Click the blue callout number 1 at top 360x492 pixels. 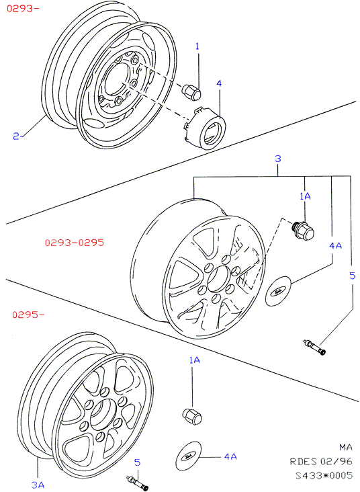[197, 46]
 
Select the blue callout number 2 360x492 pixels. [16, 136]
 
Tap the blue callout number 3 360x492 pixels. [278, 159]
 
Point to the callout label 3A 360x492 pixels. [38, 485]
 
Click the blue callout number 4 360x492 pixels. [219, 83]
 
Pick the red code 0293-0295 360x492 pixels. [75, 243]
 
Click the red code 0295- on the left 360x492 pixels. [28, 315]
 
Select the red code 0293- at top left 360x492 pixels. [23, 8]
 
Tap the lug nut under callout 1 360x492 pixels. [191, 92]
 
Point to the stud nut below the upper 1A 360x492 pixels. [303, 231]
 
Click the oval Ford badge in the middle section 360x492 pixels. [278, 291]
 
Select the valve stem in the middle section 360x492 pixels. [314, 347]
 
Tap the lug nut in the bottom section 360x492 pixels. [192, 416]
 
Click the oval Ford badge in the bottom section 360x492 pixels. [189, 456]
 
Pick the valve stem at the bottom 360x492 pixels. [137, 483]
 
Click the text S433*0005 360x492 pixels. [324, 475]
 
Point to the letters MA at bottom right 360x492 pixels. [346, 447]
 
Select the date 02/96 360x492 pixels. [336, 461]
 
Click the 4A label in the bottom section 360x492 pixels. [230, 456]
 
